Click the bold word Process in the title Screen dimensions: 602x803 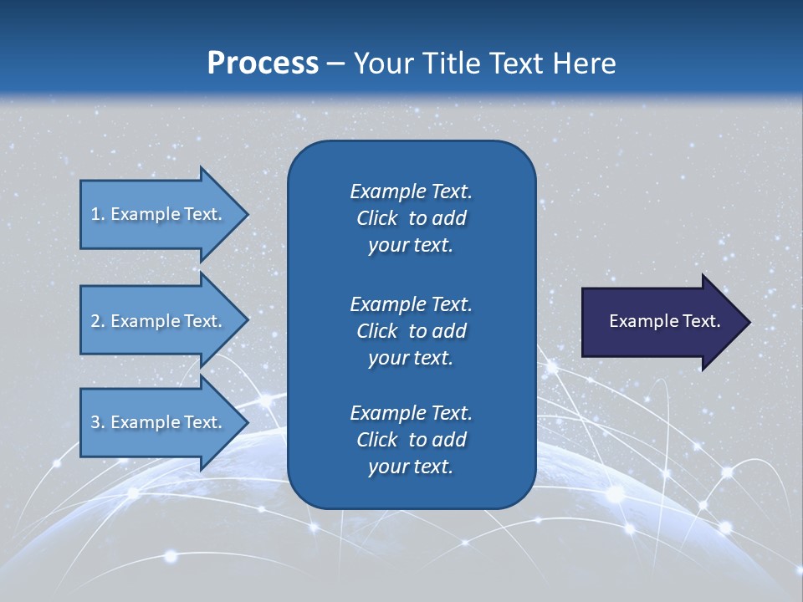[263, 63]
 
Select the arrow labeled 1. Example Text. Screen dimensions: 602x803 [159, 214]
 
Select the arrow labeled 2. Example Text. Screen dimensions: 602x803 [159, 321]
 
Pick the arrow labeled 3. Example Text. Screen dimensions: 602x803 [159, 422]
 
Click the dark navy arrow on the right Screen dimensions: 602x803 [661, 322]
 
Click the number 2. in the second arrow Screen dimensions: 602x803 [97, 321]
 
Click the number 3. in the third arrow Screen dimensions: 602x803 [97, 422]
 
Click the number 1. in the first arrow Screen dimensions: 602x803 [97, 214]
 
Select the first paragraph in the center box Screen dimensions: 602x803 [411, 218]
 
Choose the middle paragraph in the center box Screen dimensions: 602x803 [411, 330]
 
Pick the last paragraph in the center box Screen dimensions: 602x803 [411, 440]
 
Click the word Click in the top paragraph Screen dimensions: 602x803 [377, 218]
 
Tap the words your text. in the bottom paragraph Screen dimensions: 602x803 [411, 467]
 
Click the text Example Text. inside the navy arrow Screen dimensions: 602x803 [665, 321]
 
